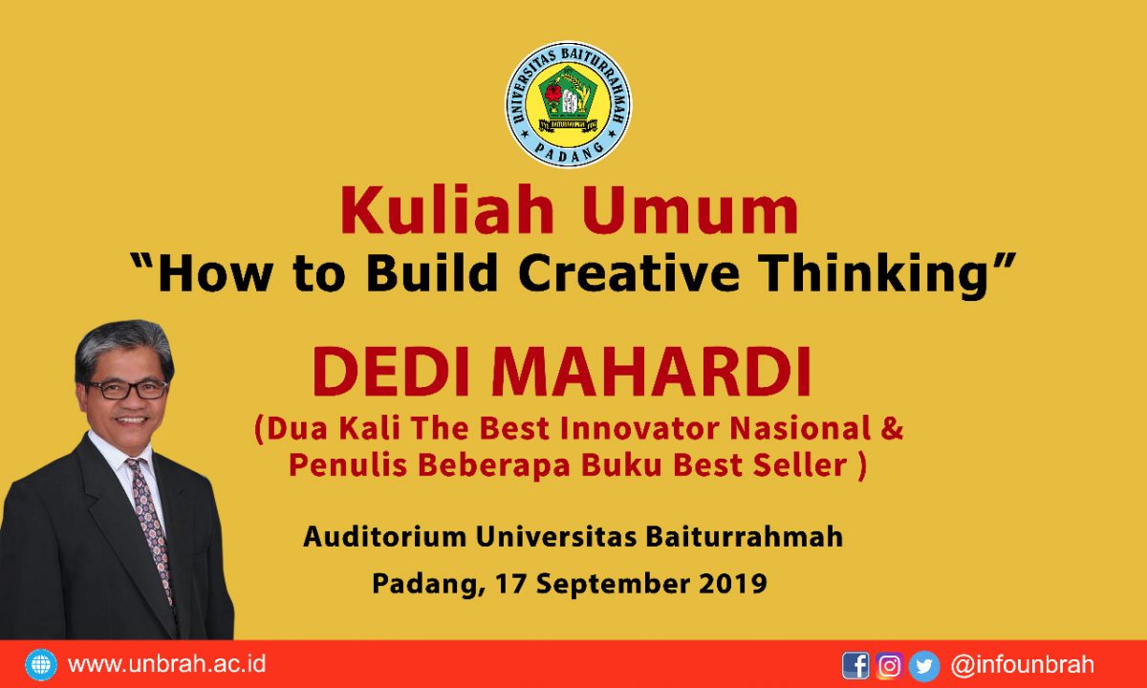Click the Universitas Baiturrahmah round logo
tap(569, 104)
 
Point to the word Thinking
tap(874, 275)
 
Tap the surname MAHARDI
tap(651, 372)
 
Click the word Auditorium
tap(385, 537)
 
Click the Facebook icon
tap(855, 665)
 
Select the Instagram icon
tap(890, 665)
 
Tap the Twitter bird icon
tap(924, 666)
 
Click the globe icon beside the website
tap(41, 664)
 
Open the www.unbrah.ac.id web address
tap(167, 664)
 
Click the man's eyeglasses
tap(127, 390)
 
